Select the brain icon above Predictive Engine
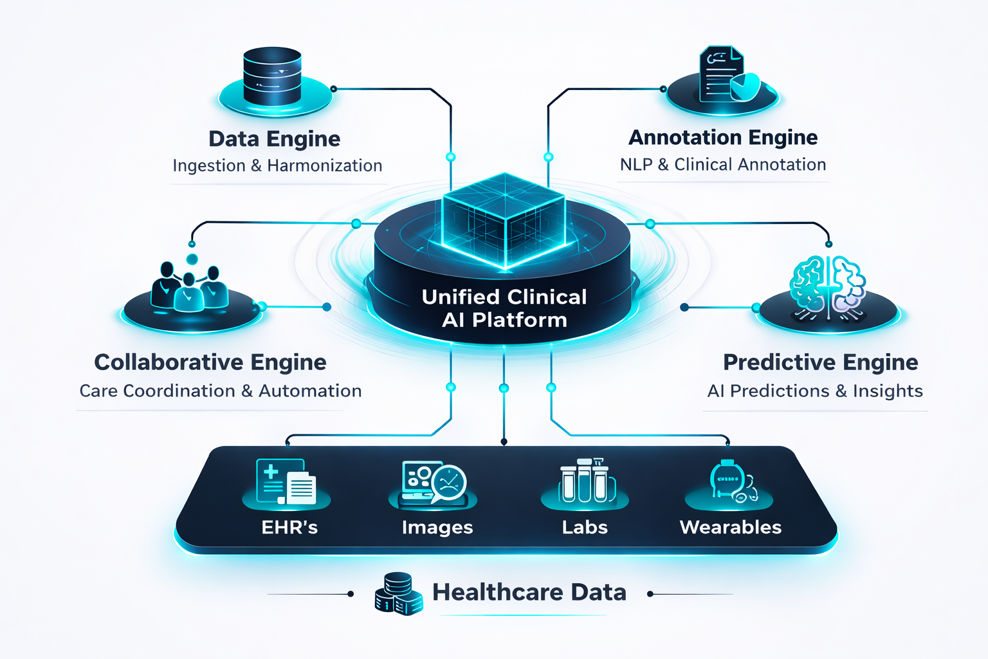pyautogui.click(x=827, y=286)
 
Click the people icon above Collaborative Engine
pyautogui.click(x=189, y=288)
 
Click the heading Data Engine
pyautogui.click(x=275, y=139)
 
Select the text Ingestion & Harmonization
pyautogui.click(x=277, y=166)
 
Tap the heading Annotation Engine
pyautogui.click(x=723, y=138)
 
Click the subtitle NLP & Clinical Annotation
pyautogui.click(x=723, y=165)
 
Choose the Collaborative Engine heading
pyautogui.click(x=210, y=362)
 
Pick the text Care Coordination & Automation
pyautogui.click(x=221, y=391)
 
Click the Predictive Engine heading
pyautogui.click(x=820, y=362)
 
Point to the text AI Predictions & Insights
pyautogui.click(x=815, y=391)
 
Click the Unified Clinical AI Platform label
pyautogui.click(x=504, y=308)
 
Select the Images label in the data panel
pyautogui.click(x=437, y=528)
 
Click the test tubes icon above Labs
pyautogui.click(x=584, y=481)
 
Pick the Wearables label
pyautogui.click(x=730, y=528)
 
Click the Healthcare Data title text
pyautogui.click(x=529, y=593)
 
